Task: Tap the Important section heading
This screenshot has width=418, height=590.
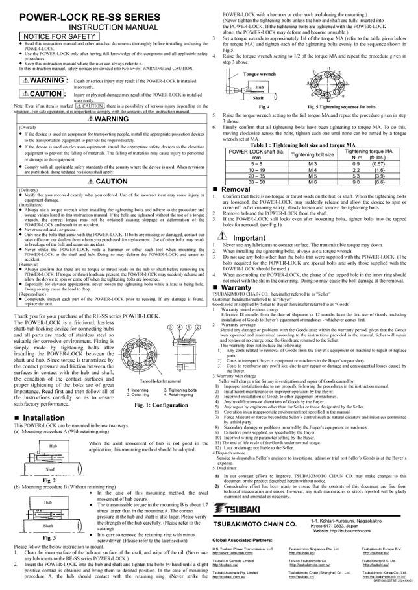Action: (x=249, y=238)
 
